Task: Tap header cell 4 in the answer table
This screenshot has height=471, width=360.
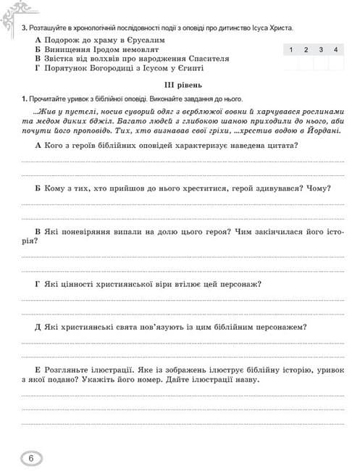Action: point(336,49)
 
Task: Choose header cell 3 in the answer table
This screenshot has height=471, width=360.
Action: point(321,49)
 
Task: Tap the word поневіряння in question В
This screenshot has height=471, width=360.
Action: point(91,233)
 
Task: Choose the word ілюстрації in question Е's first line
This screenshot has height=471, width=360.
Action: point(99,370)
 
